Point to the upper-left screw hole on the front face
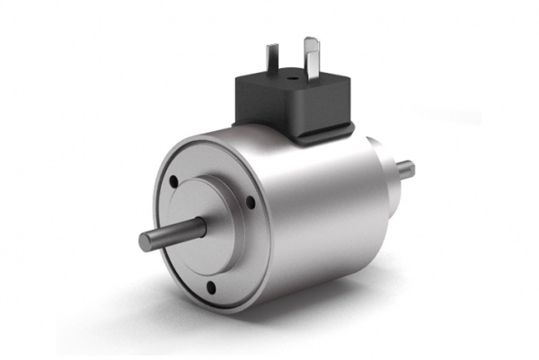[174, 182]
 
